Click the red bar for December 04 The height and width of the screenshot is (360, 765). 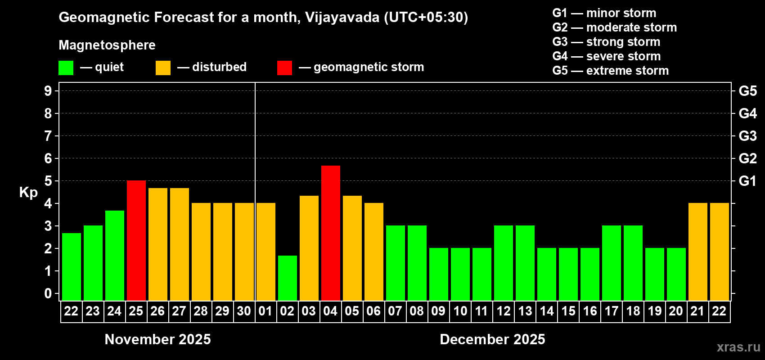pyautogui.click(x=331, y=233)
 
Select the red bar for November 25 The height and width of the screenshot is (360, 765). pyautogui.click(x=136, y=240)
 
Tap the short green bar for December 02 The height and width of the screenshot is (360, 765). pyautogui.click(x=288, y=278)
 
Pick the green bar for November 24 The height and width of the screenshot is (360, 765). pyautogui.click(x=115, y=256)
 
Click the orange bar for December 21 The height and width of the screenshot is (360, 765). pyautogui.click(x=698, y=252)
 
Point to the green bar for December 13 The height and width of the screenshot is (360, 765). pyautogui.click(x=525, y=263)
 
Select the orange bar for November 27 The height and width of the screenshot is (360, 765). pyautogui.click(x=180, y=244)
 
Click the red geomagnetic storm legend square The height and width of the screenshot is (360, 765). pyautogui.click(x=284, y=68)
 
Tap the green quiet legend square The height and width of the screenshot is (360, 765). pyautogui.click(x=66, y=68)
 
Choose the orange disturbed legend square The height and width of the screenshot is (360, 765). pyautogui.click(x=163, y=68)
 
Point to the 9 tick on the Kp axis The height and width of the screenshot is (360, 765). pyautogui.click(x=48, y=91)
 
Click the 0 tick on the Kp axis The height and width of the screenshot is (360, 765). pyautogui.click(x=48, y=294)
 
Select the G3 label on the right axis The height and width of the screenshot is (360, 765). pyautogui.click(x=747, y=136)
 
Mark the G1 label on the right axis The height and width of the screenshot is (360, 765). pyautogui.click(x=747, y=181)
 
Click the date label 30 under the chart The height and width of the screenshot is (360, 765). pyautogui.click(x=244, y=311)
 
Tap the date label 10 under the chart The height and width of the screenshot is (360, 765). pyautogui.click(x=460, y=311)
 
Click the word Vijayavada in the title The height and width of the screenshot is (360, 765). pyautogui.click(x=342, y=18)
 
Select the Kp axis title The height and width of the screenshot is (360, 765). pyautogui.click(x=28, y=193)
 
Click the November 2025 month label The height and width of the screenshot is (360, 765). pyautogui.click(x=157, y=339)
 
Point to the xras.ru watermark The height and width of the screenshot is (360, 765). pyautogui.click(x=738, y=347)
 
